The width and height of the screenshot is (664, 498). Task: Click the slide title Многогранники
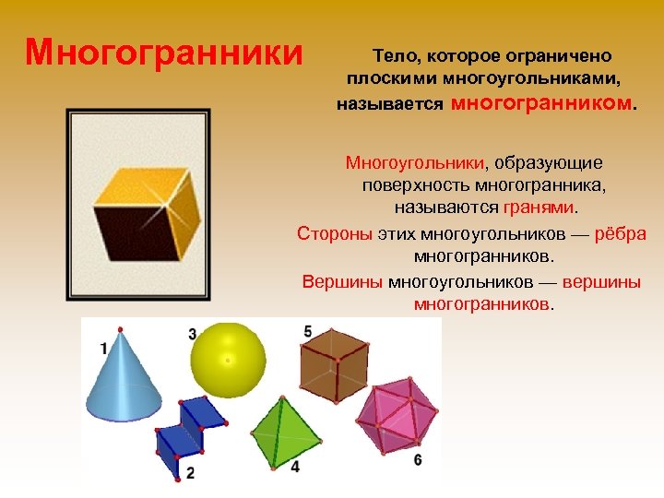(164, 53)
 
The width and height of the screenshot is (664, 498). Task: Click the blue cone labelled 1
(122, 383)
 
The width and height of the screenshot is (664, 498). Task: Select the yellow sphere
(228, 359)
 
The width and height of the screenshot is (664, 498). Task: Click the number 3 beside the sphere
(192, 334)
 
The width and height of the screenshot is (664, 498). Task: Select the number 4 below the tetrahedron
(294, 468)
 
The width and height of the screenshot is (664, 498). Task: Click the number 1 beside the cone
(103, 348)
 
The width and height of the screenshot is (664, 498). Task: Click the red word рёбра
(621, 232)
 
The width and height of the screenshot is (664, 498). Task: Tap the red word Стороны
(335, 232)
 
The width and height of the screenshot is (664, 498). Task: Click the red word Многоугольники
(415, 163)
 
